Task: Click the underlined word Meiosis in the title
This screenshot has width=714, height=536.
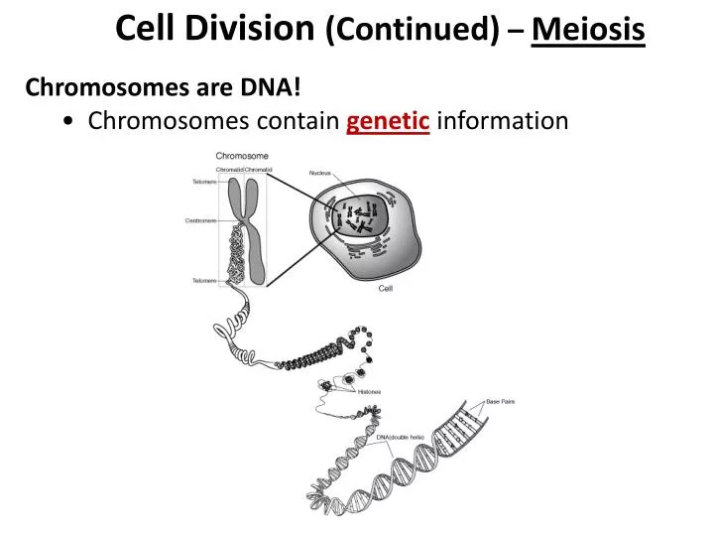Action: (x=588, y=31)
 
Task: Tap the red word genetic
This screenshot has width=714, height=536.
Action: (x=388, y=121)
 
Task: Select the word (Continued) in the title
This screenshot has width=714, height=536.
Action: (x=413, y=31)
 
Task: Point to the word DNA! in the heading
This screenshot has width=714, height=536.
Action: (x=272, y=87)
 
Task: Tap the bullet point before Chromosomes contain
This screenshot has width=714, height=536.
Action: (x=65, y=122)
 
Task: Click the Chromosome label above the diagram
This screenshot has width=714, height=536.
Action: (x=242, y=156)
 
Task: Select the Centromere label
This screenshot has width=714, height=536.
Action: (x=200, y=220)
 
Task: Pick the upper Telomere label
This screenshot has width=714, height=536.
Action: (x=203, y=182)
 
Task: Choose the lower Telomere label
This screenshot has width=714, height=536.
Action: (x=203, y=281)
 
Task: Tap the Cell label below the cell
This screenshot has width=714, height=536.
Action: (x=387, y=289)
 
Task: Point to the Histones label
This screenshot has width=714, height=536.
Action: (x=369, y=391)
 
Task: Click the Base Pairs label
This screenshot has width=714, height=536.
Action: (x=501, y=401)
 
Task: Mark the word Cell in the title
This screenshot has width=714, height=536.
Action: (x=145, y=29)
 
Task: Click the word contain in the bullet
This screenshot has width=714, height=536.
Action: (x=300, y=121)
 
